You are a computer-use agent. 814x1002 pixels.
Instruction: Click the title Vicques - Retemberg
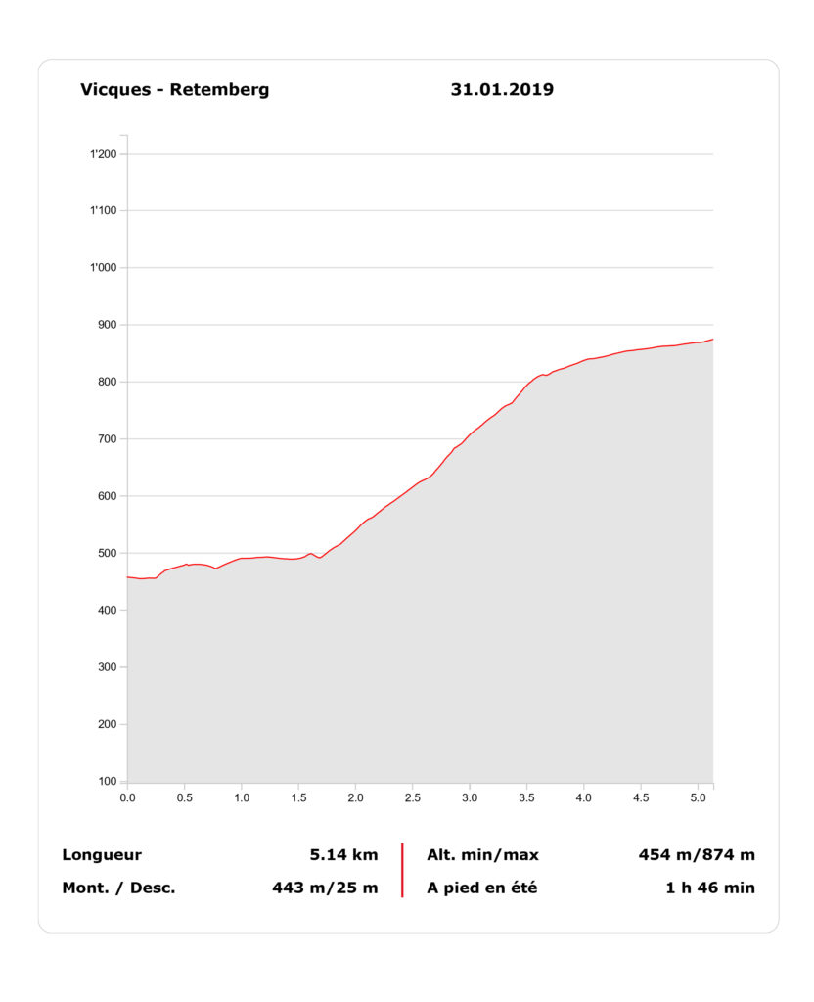pos(174,90)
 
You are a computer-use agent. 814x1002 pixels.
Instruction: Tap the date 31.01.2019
pos(502,90)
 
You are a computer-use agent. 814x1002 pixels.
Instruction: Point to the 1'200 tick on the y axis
pos(103,154)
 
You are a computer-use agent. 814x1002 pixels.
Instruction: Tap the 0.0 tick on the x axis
pos(127,797)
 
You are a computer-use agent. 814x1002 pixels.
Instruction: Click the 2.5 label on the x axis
pos(413,797)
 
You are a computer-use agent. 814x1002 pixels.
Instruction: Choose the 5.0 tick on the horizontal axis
pos(699,797)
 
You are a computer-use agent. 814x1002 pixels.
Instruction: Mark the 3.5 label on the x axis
pos(527,797)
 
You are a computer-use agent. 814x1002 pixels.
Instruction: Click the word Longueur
pos(102,855)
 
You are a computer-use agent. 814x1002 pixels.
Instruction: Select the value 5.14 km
pos(343,855)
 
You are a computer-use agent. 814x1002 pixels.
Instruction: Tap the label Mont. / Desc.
pos(118,888)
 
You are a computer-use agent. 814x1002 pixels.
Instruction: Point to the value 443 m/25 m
pos(325,888)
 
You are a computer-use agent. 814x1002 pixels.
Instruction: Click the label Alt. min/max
pos(482,855)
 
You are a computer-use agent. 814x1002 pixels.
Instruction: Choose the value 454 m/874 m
pos(697,855)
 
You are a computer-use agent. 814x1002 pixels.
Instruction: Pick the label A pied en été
pos(481,888)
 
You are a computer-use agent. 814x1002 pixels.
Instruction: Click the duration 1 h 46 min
pos(710,888)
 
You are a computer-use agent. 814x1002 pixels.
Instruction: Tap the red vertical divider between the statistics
pos(402,871)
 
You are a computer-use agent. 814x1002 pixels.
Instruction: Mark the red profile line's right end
pos(712,340)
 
